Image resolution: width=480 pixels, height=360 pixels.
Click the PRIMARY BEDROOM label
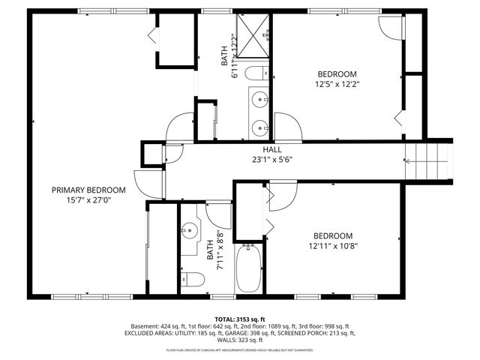[88, 190]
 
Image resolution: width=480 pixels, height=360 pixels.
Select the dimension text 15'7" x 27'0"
[88, 200]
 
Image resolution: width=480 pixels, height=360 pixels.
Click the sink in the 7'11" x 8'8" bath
[189, 231]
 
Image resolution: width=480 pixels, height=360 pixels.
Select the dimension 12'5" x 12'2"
[337, 85]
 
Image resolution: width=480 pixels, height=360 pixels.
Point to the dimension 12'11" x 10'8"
[333, 245]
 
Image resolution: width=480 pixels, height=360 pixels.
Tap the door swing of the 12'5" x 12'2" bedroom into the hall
[288, 127]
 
